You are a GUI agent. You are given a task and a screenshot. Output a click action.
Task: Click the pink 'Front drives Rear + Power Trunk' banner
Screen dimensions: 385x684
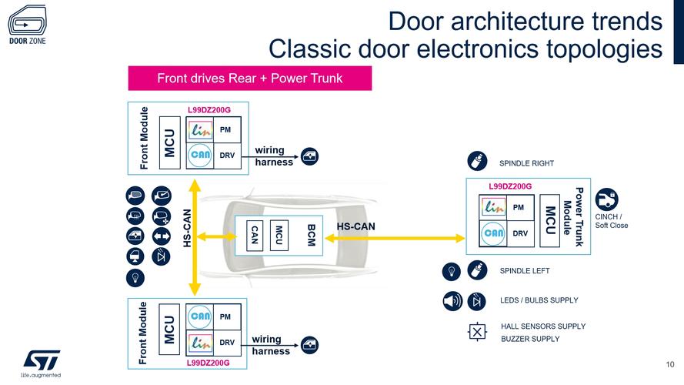coord(249,79)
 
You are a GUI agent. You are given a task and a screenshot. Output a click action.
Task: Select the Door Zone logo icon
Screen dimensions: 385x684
coord(27,19)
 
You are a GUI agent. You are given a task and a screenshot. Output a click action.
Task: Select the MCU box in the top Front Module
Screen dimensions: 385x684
coord(170,142)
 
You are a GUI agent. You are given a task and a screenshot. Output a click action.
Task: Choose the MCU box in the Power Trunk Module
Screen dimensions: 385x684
coord(550,220)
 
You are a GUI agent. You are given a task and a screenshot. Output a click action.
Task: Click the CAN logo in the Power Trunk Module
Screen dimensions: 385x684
coord(494,233)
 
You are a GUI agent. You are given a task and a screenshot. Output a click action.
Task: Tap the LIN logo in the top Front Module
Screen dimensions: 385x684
coord(201,130)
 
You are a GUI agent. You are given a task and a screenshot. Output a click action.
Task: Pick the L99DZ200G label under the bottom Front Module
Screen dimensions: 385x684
coord(208,363)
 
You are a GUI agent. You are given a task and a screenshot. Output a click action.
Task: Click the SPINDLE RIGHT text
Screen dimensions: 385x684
coord(526,163)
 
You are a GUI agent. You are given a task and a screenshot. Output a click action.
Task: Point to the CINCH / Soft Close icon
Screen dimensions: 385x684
coord(607,199)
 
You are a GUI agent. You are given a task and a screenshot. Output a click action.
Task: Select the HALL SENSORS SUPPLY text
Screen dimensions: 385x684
coord(543,326)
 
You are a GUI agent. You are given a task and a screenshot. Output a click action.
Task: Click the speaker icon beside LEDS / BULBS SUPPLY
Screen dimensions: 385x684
coord(452,300)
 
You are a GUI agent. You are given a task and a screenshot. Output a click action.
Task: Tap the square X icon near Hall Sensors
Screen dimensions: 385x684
coord(477,333)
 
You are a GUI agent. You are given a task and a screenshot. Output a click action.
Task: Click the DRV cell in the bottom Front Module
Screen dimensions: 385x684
coord(226,342)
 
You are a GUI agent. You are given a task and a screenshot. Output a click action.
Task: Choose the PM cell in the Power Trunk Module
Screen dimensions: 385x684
coord(519,207)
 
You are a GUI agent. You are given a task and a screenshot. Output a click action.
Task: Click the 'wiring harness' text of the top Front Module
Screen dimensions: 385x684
coord(273,156)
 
